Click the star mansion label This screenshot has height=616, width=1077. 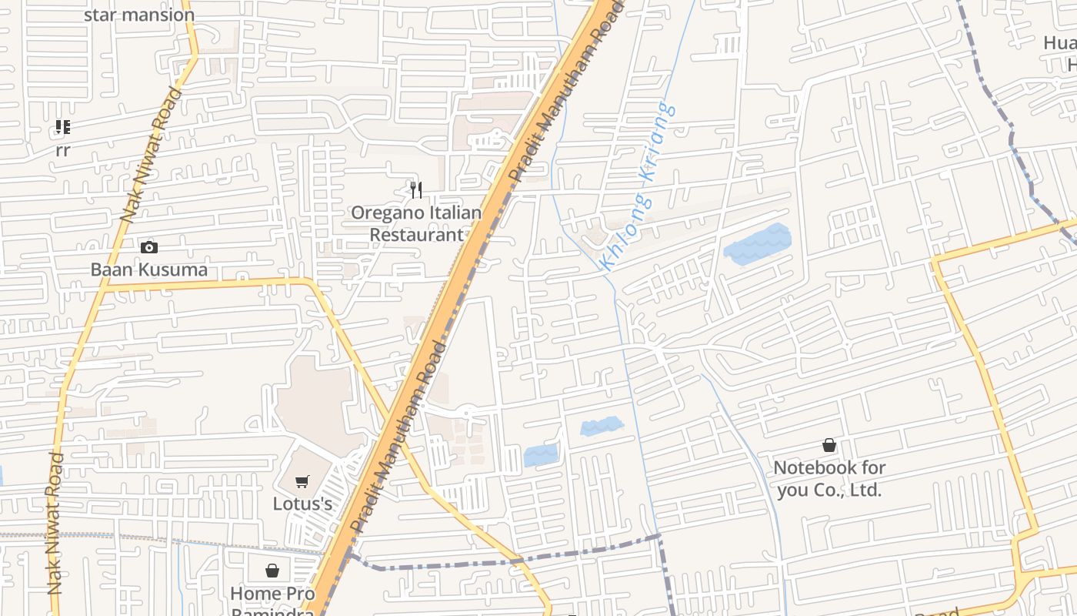click(138, 15)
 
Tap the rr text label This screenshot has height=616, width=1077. click(62, 150)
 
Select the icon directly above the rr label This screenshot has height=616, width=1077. click(62, 127)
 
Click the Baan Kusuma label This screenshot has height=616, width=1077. click(149, 269)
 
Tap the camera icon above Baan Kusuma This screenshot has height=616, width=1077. click(149, 247)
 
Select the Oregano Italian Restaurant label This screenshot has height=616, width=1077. click(416, 223)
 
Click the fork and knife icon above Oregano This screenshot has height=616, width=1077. click(416, 189)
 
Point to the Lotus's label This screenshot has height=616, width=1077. click(302, 504)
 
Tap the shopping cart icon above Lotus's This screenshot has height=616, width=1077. click(302, 482)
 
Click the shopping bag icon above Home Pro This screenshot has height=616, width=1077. click(272, 571)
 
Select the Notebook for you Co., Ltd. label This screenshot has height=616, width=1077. click(829, 478)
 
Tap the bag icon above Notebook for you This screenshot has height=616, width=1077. click(829, 445)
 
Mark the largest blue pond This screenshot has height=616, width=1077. click(758, 245)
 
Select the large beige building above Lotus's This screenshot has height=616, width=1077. click(314, 400)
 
